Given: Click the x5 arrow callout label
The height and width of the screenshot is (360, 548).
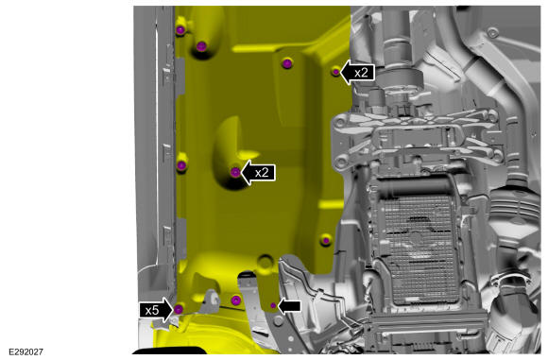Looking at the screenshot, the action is [157, 310].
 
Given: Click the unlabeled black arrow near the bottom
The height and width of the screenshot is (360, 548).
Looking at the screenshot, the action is [290, 306].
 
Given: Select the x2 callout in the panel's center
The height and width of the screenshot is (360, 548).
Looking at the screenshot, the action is [259, 173].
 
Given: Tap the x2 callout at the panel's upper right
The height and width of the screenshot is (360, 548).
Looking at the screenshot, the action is [358, 73].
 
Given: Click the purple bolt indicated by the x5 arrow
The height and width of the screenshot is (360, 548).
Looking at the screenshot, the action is [179, 309].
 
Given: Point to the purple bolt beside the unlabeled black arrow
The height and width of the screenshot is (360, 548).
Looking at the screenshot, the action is [273, 306].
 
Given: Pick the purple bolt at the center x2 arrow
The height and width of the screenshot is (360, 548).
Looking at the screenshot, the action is [235, 172].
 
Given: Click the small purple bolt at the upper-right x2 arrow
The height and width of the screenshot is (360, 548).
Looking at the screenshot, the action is [335, 72].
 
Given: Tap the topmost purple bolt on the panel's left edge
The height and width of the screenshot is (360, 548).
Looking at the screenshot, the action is [180, 30].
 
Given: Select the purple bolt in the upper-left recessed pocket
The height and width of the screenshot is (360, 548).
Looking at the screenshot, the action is [201, 46].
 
